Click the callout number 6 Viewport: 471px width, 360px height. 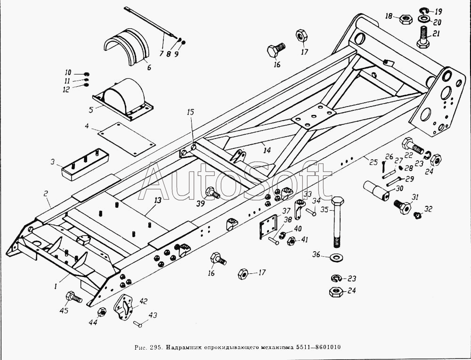pos(149,67)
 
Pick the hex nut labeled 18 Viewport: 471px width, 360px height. pos(406,19)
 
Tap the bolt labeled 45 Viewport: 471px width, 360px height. pos(73,297)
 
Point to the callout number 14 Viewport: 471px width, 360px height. pos(267,151)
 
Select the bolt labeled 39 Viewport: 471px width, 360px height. pos(212,192)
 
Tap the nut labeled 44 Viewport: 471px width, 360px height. pos(101,312)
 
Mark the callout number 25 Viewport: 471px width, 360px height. pos(373,163)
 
